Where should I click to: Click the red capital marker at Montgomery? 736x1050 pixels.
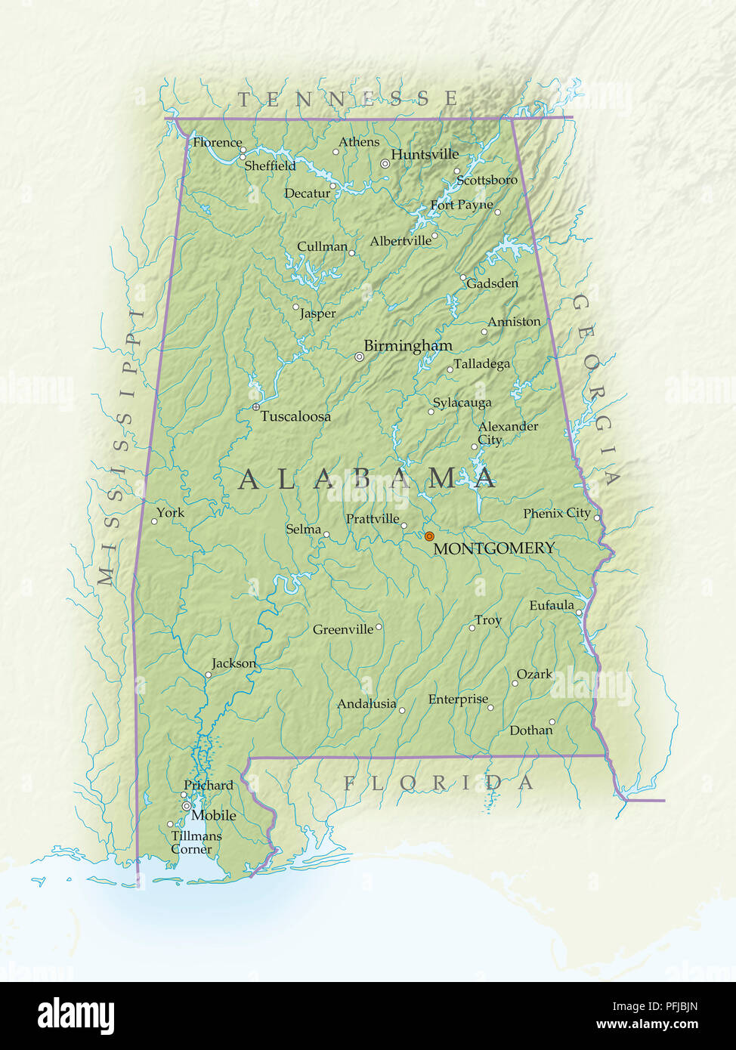(x=429, y=536)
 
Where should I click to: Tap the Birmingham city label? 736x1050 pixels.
(x=408, y=346)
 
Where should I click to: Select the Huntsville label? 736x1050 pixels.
(x=425, y=154)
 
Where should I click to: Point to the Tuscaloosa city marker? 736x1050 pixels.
(x=255, y=407)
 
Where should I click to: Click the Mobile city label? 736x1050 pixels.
(x=214, y=816)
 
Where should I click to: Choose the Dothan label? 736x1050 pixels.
(x=530, y=730)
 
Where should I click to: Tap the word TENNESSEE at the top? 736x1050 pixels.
(x=348, y=99)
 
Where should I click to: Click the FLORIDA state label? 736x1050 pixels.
(x=438, y=783)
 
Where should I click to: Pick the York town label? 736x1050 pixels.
(x=170, y=513)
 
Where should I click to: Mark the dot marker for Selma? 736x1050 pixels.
(x=326, y=535)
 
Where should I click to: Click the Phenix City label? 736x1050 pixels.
(x=557, y=514)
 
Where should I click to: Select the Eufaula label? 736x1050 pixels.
(x=551, y=606)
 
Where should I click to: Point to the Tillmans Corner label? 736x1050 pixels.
(x=196, y=842)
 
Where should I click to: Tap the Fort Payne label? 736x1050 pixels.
(x=461, y=205)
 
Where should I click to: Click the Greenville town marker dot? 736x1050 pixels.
(x=379, y=627)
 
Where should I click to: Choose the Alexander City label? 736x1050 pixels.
(x=507, y=433)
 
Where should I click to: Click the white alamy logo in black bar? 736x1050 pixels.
(x=76, y=1016)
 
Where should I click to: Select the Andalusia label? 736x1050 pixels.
(x=366, y=704)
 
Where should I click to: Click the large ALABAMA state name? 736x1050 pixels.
(x=367, y=479)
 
